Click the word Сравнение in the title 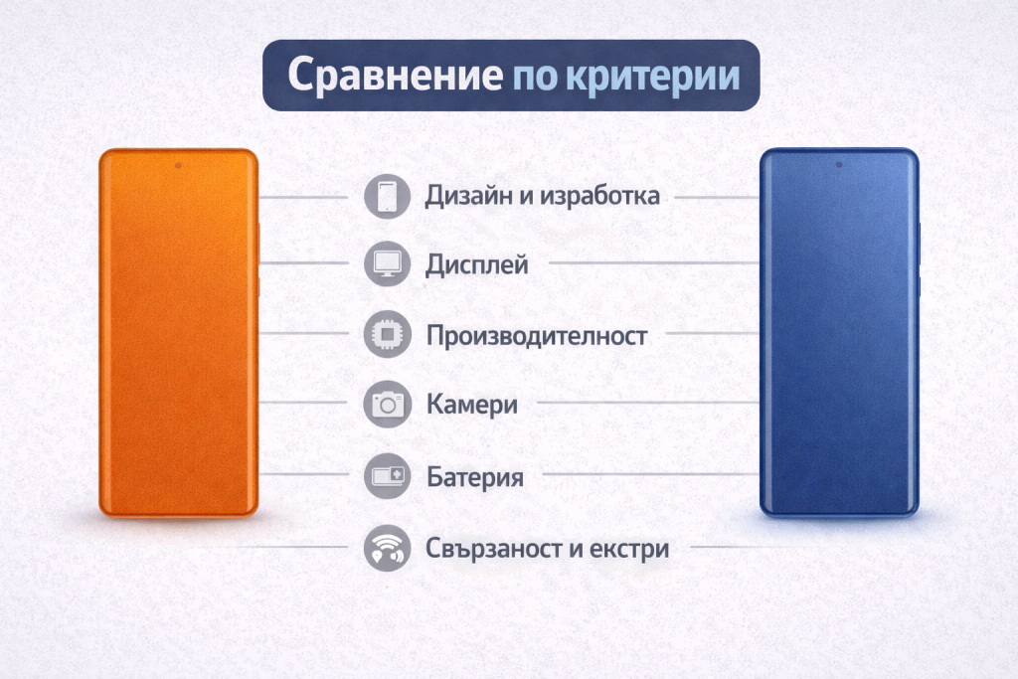(x=395, y=76)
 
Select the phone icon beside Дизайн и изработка (x=387, y=196)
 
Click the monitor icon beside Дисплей (x=387, y=263)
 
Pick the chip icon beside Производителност (x=387, y=334)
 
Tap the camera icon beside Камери (x=387, y=405)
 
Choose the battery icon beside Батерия (x=387, y=476)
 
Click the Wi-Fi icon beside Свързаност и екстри (x=387, y=549)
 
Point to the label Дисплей (x=476, y=265)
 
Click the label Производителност (x=536, y=336)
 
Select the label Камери (x=472, y=405)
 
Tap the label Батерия (x=475, y=478)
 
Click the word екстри (x=629, y=549)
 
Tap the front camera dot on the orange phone (x=178, y=166)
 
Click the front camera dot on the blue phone (x=839, y=165)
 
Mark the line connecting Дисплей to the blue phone (x=654, y=262)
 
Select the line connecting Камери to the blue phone (x=648, y=403)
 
